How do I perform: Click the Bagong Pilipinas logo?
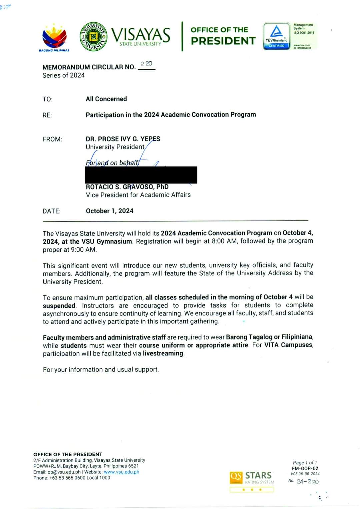(54, 37)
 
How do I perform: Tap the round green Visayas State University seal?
(93, 37)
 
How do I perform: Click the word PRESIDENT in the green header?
(223, 41)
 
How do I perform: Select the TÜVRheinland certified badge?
(276, 36)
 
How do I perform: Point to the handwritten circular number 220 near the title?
(146, 64)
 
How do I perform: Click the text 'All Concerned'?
(106, 99)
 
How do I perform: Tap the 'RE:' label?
(47, 115)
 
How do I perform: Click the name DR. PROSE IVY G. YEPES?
(123, 139)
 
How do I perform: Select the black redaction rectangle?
(141, 175)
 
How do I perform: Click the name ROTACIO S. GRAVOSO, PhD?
(127, 187)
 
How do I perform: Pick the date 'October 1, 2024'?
(109, 211)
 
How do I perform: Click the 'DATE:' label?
(51, 211)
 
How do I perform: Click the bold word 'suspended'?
(59, 306)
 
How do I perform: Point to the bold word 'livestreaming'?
(163, 353)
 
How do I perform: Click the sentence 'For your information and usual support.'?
(101, 369)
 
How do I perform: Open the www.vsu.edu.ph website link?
(121, 472)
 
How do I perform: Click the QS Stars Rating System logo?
(252, 478)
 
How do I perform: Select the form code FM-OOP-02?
(305, 468)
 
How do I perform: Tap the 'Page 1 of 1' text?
(305, 463)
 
